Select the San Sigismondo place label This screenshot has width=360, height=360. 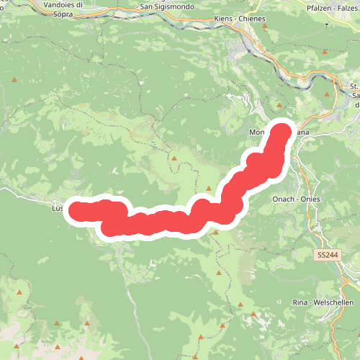[x=170, y=6]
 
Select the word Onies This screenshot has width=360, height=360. [x=310, y=199]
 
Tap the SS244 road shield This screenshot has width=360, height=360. [x=326, y=255]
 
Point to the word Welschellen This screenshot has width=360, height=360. [x=334, y=302]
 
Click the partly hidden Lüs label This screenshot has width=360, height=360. [x=58, y=208]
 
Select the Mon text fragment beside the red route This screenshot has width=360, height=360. [x=257, y=132]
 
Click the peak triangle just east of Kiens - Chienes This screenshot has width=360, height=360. [x=265, y=26]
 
